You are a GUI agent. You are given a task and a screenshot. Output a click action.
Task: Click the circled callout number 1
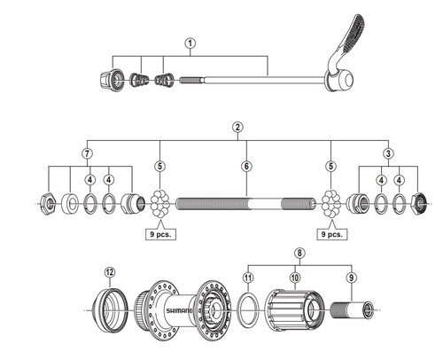click(x=190, y=43)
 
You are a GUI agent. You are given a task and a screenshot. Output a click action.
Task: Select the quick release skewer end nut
click(x=112, y=79)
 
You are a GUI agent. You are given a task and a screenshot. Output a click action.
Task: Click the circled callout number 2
click(x=237, y=128)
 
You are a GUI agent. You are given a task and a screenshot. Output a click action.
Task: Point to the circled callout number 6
click(x=246, y=166)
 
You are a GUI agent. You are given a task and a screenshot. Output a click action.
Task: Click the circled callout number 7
click(x=88, y=153)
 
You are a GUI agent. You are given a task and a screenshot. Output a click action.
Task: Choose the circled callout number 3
click(x=388, y=153)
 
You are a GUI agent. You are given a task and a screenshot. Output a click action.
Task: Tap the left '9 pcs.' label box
click(x=160, y=234)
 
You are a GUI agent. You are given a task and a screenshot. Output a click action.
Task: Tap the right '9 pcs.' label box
click(x=332, y=234)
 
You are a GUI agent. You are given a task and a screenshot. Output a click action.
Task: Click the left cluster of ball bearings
click(x=159, y=204)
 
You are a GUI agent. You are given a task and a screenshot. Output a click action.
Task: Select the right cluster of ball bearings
click(x=330, y=204)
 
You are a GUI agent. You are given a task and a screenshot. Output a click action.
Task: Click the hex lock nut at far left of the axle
click(x=48, y=204)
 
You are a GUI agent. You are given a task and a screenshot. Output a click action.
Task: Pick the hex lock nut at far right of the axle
click(x=420, y=204)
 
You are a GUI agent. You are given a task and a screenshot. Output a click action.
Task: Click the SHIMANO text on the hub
click(x=179, y=310)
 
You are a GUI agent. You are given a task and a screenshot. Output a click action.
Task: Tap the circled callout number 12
click(x=110, y=272)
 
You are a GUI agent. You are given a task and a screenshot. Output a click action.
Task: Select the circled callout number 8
click(x=299, y=253)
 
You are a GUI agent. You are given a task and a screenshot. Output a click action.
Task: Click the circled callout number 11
click(x=248, y=278)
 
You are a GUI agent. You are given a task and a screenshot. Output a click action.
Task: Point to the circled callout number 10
click(x=295, y=278)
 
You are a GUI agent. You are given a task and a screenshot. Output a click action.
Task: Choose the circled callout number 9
click(x=351, y=278)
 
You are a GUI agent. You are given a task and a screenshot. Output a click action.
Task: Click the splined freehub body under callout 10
click(x=294, y=310)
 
